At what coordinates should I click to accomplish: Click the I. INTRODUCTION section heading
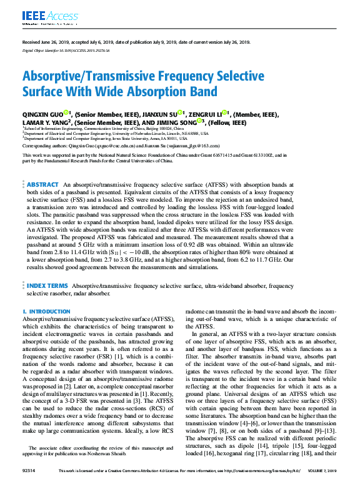click(46, 311)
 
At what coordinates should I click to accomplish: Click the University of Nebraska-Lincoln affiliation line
click(119, 133)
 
